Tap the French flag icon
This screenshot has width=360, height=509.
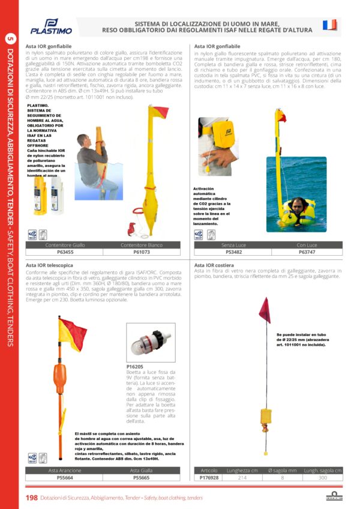click(329, 25)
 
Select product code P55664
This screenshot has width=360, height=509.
click(65, 478)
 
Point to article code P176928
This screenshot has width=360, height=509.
click(209, 478)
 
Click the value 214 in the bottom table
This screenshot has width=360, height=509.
click(242, 478)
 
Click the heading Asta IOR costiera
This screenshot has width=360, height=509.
click(215, 264)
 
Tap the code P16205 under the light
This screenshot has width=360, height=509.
click(135, 366)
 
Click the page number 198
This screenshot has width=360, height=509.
click(32, 498)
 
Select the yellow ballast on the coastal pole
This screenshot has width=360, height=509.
click(265, 417)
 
